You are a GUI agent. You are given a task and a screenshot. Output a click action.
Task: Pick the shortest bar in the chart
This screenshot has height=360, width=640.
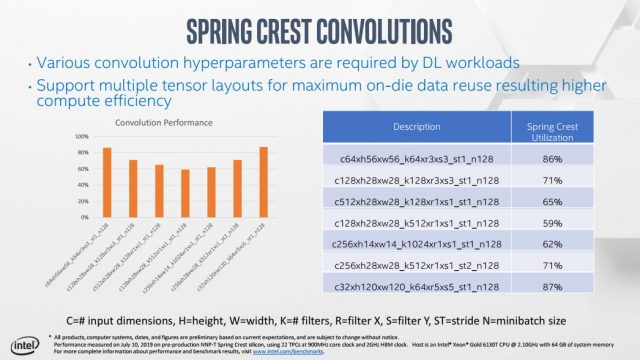[185, 191]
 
